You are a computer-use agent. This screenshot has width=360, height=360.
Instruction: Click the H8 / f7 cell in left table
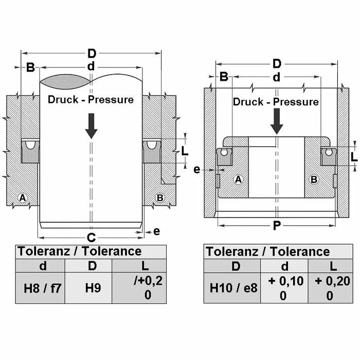tap(42, 287)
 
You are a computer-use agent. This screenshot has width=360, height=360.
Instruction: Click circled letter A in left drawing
tap(23, 197)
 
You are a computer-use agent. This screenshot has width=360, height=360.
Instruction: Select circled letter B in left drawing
tap(160, 197)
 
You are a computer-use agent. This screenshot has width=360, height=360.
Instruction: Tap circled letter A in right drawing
tap(238, 179)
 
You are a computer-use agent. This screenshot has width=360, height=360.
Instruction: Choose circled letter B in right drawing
tap(315, 179)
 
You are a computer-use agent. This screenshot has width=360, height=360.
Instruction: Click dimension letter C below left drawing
tap(91, 237)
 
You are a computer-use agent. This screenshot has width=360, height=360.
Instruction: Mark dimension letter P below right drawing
tap(277, 225)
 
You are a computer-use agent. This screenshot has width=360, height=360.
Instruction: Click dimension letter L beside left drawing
tap(185, 151)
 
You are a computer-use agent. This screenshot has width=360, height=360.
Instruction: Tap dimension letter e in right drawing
tap(196, 170)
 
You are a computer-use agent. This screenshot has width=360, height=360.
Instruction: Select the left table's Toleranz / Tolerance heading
tap(80, 251)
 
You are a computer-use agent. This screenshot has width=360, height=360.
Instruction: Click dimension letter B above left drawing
tap(30, 67)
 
